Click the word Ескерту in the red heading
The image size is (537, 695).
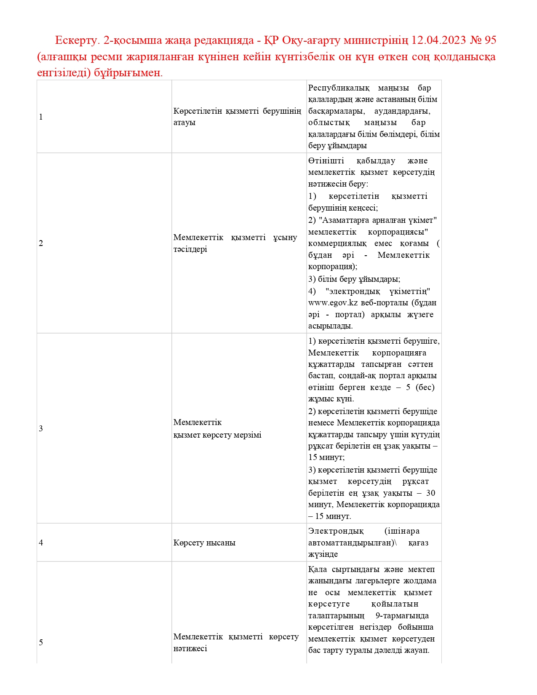click(76, 40)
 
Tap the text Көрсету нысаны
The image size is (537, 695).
click(204, 543)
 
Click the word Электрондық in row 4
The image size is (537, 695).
click(336, 531)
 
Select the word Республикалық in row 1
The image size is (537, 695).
click(339, 88)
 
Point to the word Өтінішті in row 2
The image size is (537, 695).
click(326, 161)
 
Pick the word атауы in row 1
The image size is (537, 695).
click(184, 123)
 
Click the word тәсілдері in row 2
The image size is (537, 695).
click(190, 249)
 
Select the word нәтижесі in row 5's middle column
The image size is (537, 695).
click(190, 649)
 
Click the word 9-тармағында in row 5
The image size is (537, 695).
click(402, 616)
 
